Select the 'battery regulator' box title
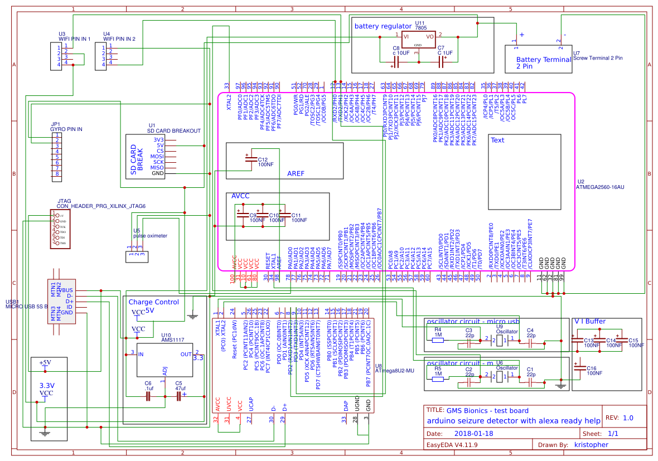[382, 26]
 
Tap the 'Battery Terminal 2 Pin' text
[536, 63]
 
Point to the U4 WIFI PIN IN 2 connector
[100, 56]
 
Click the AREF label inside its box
[296, 173]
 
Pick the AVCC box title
[240, 196]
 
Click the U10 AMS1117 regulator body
[161, 360]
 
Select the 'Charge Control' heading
[153, 302]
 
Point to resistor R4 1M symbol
[438, 338]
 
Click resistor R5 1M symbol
[438, 378]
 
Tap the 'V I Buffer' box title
[589, 322]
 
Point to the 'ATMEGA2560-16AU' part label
[600, 187]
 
